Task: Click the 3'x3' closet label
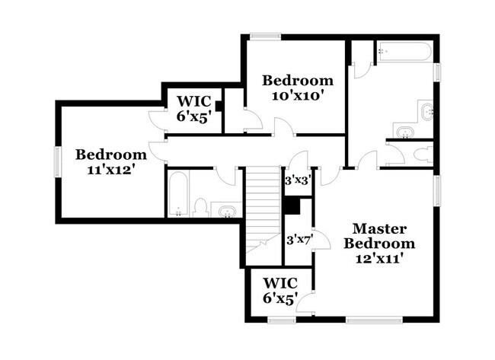(296, 181)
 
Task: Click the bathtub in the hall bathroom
(177, 195)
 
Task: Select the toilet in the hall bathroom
(201, 208)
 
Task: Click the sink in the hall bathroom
(225, 210)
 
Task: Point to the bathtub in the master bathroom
(404, 53)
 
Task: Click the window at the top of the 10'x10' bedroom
(267, 36)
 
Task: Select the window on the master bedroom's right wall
(437, 191)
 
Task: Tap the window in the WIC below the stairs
(281, 320)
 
